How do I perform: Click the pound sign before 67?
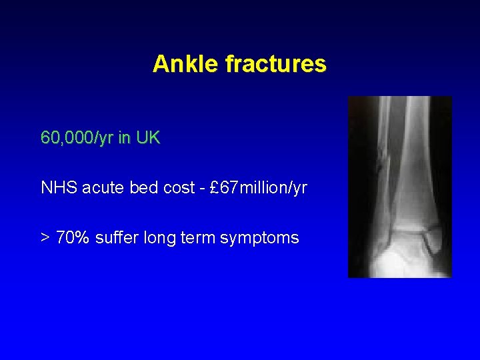(215, 188)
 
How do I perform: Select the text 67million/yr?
(264, 188)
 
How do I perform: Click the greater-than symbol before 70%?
(45, 238)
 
